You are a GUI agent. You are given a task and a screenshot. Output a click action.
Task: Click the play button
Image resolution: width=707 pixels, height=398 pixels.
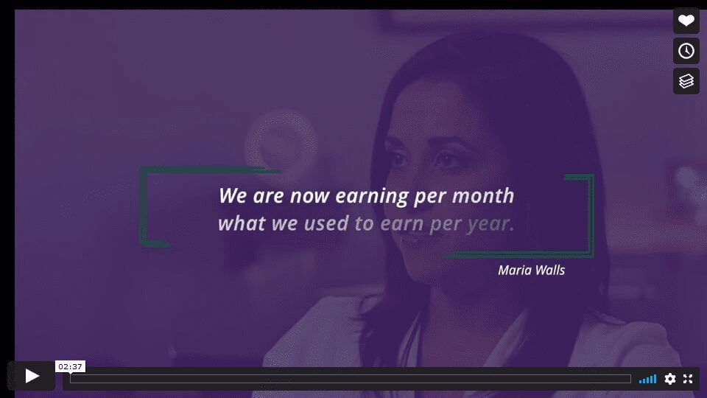(x=32, y=376)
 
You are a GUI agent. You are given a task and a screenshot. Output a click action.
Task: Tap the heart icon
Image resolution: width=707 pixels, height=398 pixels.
(x=686, y=21)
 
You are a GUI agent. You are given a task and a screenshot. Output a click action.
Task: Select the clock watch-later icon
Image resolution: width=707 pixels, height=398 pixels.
(x=686, y=51)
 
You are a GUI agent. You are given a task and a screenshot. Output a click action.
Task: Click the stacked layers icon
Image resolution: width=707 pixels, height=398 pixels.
(x=686, y=81)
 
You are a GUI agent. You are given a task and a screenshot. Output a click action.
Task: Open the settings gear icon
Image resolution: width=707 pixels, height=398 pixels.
(x=670, y=379)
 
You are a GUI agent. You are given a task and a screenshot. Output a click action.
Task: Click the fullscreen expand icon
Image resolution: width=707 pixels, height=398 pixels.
(x=688, y=379)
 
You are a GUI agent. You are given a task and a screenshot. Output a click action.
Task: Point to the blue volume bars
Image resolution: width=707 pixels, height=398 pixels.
(x=647, y=379)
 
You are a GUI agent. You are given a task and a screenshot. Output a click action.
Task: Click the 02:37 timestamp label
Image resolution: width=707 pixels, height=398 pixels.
(x=71, y=366)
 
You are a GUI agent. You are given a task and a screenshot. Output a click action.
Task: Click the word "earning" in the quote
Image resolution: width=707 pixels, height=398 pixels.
(x=372, y=196)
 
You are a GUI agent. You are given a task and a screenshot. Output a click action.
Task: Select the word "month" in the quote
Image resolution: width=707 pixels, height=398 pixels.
(x=483, y=195)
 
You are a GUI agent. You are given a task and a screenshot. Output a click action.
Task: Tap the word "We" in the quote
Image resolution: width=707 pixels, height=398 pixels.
(x=233, y=195)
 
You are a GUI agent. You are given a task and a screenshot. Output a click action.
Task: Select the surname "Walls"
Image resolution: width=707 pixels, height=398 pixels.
(x=550, y=270)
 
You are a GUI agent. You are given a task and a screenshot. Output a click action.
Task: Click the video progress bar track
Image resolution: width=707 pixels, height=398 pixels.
(x=351, y=379)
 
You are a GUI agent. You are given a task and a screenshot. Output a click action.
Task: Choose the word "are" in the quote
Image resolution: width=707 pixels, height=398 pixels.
(x=268, y=196)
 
